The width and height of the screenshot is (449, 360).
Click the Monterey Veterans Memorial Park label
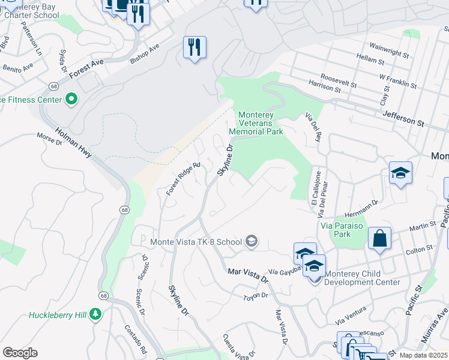coord(257,123)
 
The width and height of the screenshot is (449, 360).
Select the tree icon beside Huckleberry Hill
coord(95,314)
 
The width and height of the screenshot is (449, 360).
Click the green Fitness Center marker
coord(71,98)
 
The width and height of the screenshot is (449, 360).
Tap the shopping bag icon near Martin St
coord(379,239)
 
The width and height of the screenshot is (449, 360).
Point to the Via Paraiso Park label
coord(344,230)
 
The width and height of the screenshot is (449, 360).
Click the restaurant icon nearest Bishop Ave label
coord(194,47)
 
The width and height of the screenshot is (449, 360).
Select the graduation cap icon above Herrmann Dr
coord(400,174)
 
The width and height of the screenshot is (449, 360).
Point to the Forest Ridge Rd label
coord(183,179)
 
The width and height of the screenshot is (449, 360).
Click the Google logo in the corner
coord(20,352)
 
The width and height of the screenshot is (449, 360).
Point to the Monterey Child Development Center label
coord(362,277)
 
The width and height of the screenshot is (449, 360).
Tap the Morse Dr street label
coord(50,138)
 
